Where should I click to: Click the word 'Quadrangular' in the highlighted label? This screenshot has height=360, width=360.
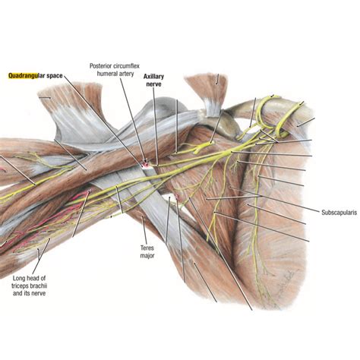[30, 76]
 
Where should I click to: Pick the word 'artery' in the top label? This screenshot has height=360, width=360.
[127, 74]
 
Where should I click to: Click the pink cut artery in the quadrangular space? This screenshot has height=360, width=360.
[144, 162]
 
